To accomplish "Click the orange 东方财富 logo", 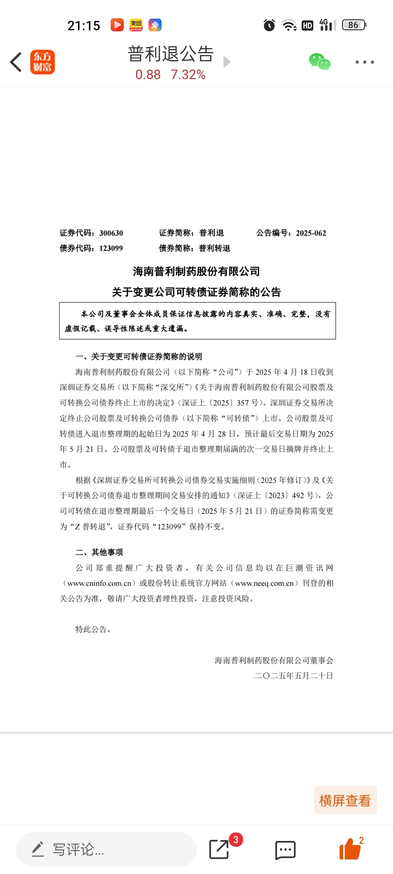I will pos(43,62).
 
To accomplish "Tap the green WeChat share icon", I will pos(319,62).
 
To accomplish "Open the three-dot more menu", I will pos(365,62).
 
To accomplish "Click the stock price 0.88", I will pos(148,75).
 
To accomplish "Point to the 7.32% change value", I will pos(188,75).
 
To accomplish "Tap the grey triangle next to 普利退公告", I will pos(227,62).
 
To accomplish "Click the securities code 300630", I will pos(111,233).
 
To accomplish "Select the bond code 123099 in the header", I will pos(111,248).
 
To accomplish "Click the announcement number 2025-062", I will pos(311,233).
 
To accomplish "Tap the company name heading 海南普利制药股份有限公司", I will pos(196,271).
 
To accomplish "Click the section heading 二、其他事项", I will pos(99,552).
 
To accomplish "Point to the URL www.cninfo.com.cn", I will pos(99,583).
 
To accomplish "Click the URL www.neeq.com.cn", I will pos(264,583).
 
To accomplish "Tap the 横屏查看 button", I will pos(345,800).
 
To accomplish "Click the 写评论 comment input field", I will pos(106,849).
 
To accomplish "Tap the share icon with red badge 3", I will pos(219,849).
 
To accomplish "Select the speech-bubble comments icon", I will pos(285,850).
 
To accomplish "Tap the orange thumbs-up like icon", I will pos(350,849).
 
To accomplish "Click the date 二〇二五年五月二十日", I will pos(294,676).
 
